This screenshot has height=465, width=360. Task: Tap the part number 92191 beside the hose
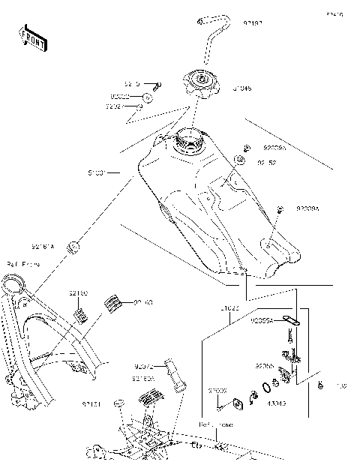click(252, 23)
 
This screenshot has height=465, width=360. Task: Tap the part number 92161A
click(43, 245)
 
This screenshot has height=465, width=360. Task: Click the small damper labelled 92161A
click(74, 245)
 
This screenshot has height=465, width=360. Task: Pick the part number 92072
click(143, 367)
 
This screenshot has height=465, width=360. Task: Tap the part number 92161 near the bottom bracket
click(92, 403)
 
